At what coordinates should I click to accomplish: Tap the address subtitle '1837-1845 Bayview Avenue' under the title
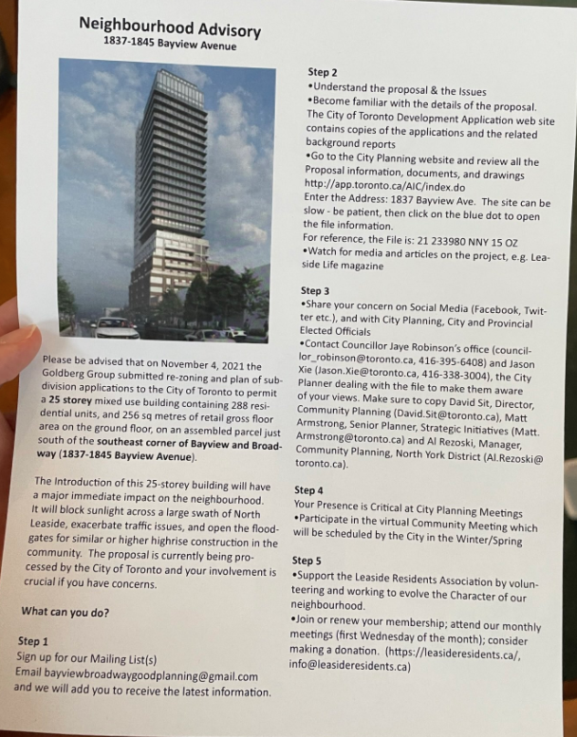coord(170,44)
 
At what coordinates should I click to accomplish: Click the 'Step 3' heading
coord(315,290)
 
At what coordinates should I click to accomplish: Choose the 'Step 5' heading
coord(307,561)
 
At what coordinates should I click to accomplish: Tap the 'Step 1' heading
coord(33,641)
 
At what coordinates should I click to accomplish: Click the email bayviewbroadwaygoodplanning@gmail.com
coord(137,675)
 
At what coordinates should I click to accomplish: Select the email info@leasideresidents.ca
coord(352,666)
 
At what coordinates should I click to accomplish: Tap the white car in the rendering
coord(116,329)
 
